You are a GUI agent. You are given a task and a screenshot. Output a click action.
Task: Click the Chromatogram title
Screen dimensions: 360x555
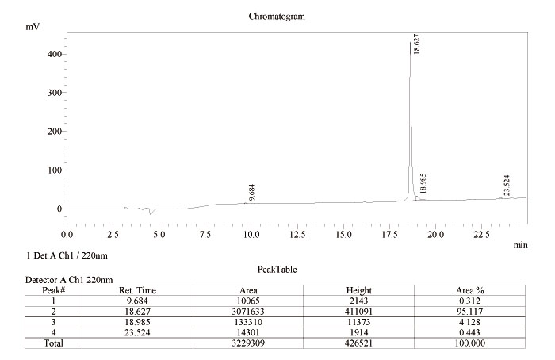pyautogui.click(x=277, y=16)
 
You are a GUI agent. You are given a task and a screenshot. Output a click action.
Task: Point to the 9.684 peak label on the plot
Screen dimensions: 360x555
pyautogui.click(x=252, y=192)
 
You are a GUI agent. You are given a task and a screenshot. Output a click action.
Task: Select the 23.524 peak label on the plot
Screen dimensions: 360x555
pyautogui.click(x=507, y=186)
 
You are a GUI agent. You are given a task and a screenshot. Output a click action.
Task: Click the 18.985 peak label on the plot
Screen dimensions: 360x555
pyautogui.click(x=423, y=184)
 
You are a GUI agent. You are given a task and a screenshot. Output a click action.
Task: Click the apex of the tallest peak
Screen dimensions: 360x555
pyautogui.click(x=410, y=43)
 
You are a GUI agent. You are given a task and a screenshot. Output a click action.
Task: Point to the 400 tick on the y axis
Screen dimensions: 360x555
pyautogui.click(x=55, y=54)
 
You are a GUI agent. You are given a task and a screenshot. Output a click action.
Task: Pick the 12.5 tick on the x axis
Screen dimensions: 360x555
pyautogui.click(x=297, y=235)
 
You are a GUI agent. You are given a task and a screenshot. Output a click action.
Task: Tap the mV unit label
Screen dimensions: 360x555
pyautogui.click(x=33, y=27)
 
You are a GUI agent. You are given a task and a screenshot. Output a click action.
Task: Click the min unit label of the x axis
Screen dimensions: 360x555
pyautogui.click(x=520, y=246)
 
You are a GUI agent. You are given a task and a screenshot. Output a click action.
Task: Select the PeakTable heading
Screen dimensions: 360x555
pyautogui.click(x=277, y=269)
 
